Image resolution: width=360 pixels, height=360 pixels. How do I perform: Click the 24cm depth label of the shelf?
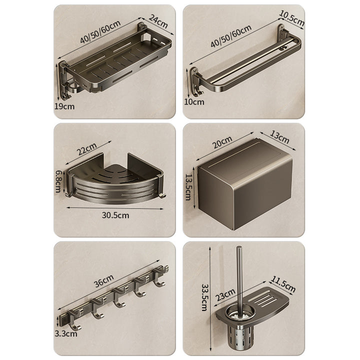click(158, 21)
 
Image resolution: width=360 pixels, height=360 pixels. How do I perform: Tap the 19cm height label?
click(64, 106)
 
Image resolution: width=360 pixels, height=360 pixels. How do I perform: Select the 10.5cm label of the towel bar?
click(291, 18)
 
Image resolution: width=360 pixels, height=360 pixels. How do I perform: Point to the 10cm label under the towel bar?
click(194, 102)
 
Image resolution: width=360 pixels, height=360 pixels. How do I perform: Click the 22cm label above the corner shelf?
click(86, 149)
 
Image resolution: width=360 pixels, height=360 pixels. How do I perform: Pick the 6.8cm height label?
click(58, 181)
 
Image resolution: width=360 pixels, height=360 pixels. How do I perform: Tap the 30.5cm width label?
click(115, 215)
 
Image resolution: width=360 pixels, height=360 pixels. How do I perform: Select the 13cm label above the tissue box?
click(279, 137)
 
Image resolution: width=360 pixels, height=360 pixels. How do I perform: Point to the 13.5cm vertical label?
click(188, 187)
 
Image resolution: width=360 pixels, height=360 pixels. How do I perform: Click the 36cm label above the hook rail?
click(104, 281)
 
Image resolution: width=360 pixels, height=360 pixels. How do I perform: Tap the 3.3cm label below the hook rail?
click(66, 333)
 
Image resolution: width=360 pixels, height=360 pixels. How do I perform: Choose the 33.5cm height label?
click(204, 297)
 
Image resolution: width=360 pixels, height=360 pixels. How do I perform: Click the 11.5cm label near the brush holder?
click(283, 284)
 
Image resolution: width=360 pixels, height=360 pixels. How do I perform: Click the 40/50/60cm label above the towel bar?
click(231, 36)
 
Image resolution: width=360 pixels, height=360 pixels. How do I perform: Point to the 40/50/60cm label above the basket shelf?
click(100, 32)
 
